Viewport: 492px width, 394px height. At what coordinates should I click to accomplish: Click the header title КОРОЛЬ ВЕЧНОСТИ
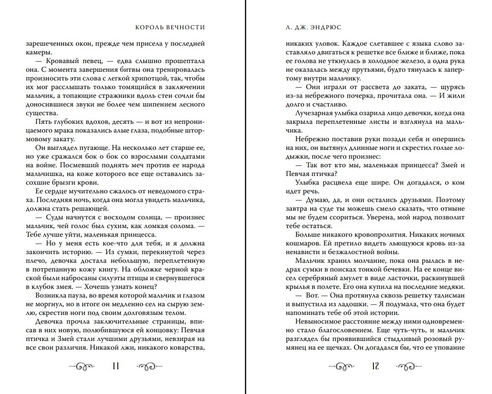tap(170, 27)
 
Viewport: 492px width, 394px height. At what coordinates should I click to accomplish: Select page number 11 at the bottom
tap(116, 366)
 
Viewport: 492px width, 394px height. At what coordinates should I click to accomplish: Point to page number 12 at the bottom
tap(376, 366)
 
